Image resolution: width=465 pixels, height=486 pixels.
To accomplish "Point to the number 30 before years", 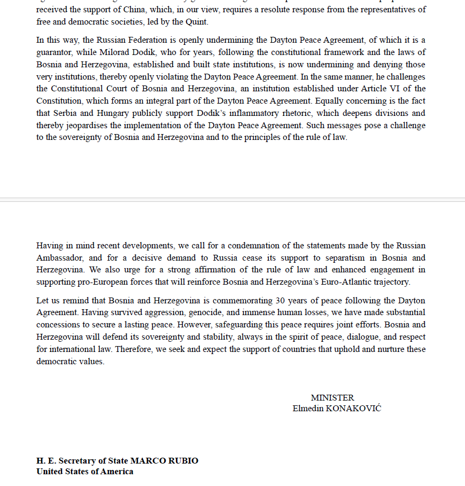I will pos(280,300).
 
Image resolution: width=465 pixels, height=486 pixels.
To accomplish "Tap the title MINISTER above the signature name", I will pos(332,398).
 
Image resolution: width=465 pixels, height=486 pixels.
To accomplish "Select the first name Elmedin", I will pos(308,409).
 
